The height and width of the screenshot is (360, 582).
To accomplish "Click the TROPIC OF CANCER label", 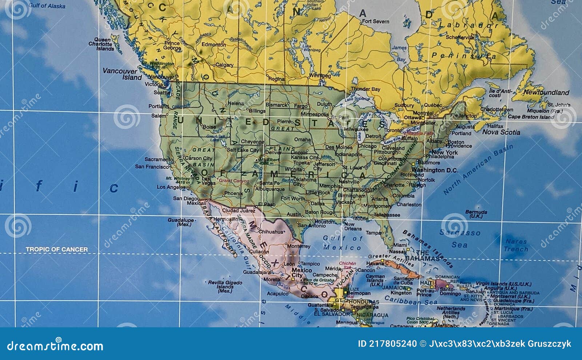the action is [x=57, y=249].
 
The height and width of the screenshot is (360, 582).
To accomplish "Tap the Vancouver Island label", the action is [x=122, y=74].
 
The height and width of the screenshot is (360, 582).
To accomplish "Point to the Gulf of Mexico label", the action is [x=342, y=243].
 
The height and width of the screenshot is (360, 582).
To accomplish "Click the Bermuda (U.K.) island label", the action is [x=476, y=214].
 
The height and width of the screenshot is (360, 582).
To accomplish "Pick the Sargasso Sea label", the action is [x=460, y=239].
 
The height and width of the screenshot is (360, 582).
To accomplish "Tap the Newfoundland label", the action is [x=546, y=92].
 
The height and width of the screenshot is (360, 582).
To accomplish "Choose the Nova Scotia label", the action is [x=501, y=132].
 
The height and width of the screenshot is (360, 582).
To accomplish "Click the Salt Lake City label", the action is [x=243, y=150].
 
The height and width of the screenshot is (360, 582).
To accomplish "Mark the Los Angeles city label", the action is [x=171, y=187].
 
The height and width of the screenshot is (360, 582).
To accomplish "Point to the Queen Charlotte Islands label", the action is [x=102, y=44].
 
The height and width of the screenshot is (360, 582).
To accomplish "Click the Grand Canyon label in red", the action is [x=234, y=181].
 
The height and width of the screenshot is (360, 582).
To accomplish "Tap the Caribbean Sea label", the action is [x=411, y=301].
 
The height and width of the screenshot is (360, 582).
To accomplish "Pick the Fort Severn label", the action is [x=376, y=21].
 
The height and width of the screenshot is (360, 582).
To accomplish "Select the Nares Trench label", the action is [x=516, y=245].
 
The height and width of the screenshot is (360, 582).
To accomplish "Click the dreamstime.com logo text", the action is [x=55, y=345].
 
